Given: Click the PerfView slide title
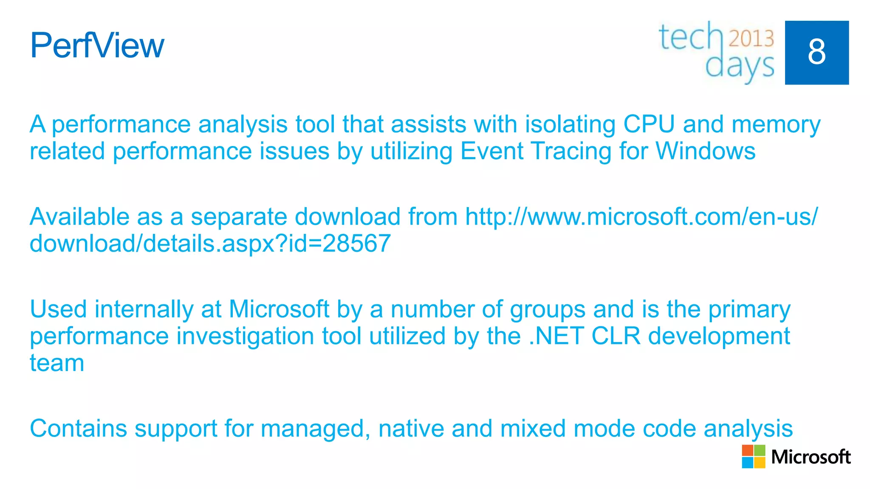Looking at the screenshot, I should (x=97, y=45).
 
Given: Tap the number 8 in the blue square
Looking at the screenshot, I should (x=816, y=52).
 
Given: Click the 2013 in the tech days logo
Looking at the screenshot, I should (x=751, y=39).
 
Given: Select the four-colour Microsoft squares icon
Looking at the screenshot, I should (x=753, y=456).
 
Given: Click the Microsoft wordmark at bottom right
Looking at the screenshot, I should (x=811, y=457).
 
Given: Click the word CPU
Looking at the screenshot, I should (x=649, y=124).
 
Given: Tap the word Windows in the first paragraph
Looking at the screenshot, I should (x=705, y=151).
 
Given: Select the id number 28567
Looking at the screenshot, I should (x=356, y=244).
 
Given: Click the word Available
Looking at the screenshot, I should (x=79, y=216).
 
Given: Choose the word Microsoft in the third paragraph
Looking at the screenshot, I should (x=279, y=309).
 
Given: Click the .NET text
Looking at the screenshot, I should (x=556, y=336).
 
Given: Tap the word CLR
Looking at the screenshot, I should (x=616, y=336).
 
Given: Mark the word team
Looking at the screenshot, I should (x=57, y=363).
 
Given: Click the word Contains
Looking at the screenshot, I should (x=78, y=428).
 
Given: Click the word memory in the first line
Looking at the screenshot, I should (x=776, y=125).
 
